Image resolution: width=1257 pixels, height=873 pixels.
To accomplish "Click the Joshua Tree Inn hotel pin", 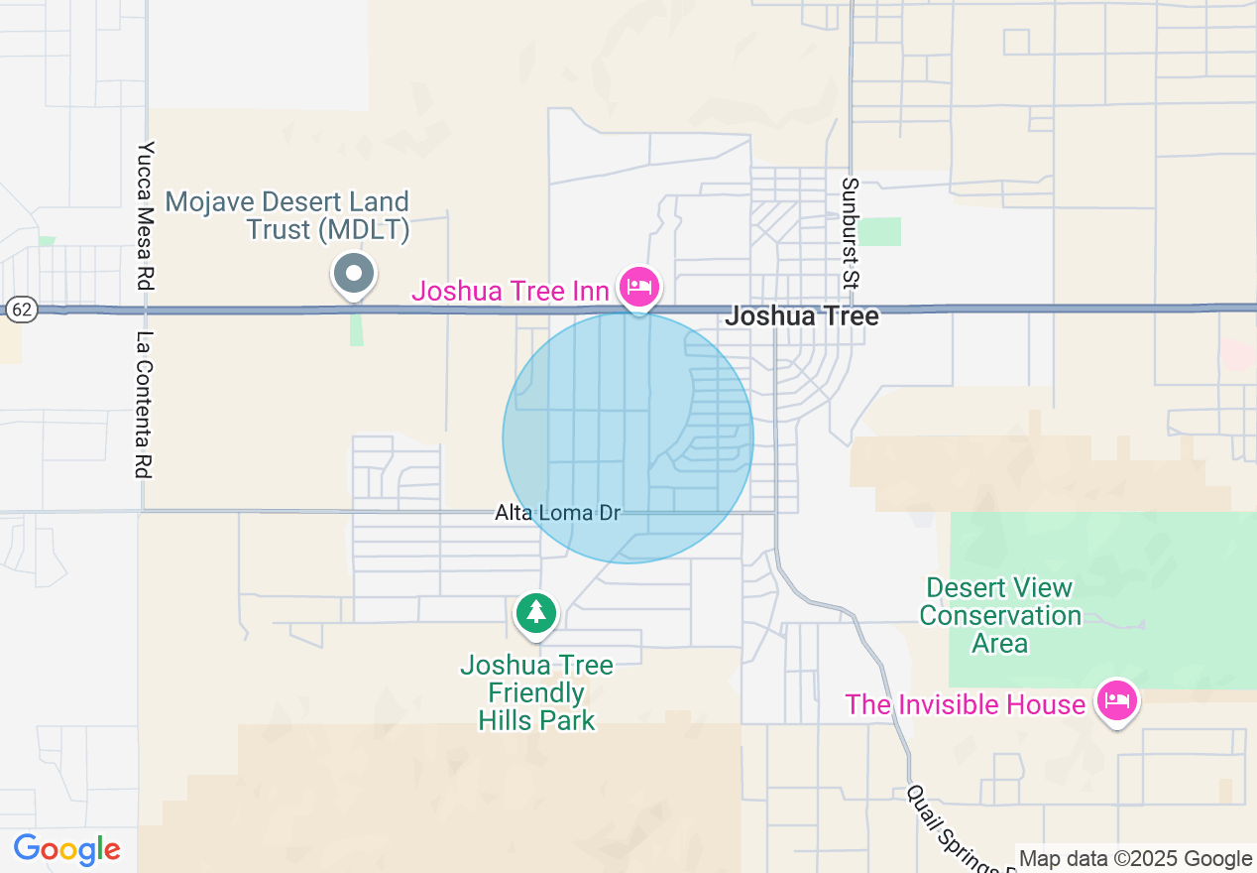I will coord(639,288).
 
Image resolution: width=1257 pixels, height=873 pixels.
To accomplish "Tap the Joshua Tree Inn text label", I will coord(512,291).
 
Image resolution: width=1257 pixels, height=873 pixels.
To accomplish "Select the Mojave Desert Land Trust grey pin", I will coord(354,273).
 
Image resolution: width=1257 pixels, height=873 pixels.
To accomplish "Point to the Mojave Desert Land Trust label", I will coord(287,216).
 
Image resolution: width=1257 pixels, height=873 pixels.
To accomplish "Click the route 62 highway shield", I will coord(21,310).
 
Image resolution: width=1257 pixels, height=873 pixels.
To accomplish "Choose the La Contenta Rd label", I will coord(145,405).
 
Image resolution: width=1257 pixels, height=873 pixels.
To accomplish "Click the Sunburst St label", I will coord(850,233).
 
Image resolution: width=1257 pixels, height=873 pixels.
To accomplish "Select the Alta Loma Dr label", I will coord(557,513).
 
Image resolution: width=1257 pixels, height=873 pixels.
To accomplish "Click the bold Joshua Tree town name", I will coord(802,316).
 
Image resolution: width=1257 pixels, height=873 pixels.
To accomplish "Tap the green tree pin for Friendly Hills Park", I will coord(536,612).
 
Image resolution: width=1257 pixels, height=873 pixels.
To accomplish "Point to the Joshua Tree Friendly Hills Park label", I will coord(536,692).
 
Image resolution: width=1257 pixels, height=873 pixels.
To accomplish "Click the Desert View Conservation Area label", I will coord(999,615).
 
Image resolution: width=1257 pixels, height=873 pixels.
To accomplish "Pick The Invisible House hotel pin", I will coord(1117,701).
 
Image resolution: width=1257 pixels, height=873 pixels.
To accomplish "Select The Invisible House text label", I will coord(965,704).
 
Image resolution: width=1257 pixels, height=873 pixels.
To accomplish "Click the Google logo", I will coord(66,850).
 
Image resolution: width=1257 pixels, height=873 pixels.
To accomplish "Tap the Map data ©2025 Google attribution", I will coord(1135,859).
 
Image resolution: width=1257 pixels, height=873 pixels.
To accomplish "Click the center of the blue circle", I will coord(628,437).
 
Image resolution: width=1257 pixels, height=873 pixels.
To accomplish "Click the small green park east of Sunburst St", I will coord(879,231).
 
